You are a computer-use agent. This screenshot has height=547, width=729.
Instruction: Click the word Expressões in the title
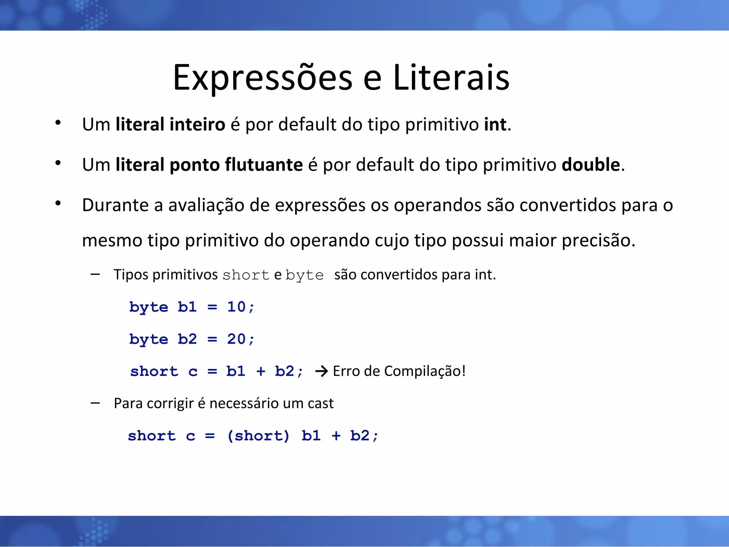262,78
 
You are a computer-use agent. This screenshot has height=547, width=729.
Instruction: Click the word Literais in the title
451,77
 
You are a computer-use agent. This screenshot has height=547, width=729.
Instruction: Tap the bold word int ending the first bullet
495,124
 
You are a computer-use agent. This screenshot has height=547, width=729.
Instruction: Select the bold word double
591,165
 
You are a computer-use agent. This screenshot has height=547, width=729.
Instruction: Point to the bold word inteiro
197,124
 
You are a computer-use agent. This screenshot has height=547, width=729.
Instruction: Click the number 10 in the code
236,307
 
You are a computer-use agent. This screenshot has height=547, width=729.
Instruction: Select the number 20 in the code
236,339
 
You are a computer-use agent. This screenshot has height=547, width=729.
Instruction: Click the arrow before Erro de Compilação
321,371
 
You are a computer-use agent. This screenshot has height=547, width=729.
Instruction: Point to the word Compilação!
425,371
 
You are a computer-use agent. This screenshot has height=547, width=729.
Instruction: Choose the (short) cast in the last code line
258,436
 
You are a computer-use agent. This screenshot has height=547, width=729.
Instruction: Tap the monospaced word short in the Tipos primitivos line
246,275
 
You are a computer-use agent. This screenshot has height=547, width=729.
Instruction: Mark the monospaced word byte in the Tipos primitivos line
304,275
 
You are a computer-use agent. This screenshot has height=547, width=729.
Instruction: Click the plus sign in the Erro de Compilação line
261,371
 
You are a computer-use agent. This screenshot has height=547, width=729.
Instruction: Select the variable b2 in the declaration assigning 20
187,339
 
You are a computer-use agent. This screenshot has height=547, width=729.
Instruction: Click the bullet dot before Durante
58,203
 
